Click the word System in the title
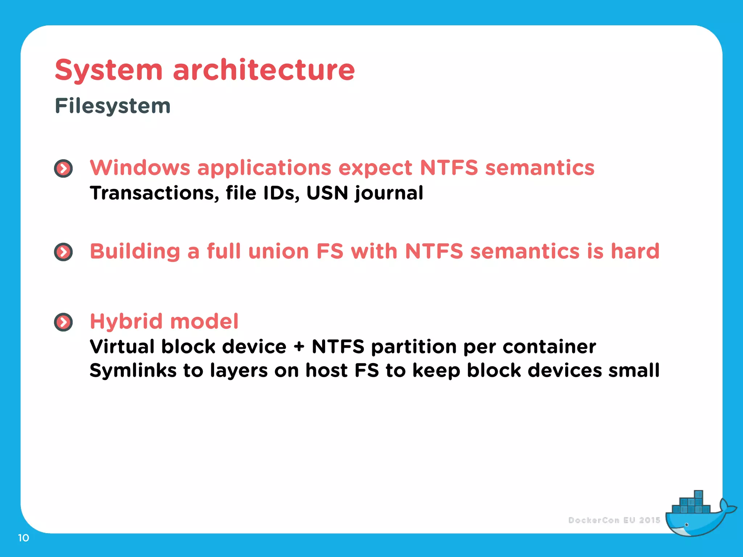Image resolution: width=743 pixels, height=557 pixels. pos(108,70)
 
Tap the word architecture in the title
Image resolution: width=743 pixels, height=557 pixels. pos(264,70)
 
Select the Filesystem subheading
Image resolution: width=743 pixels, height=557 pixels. pos(112,106)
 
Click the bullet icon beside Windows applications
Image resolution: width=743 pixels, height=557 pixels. pos(63,169)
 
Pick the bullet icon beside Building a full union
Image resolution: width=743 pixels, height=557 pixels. pos(63,252)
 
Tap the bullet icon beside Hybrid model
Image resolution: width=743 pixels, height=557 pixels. pos(63,322)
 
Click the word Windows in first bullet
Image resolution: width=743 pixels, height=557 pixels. pos(140,168)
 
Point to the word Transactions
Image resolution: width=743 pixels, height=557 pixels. pos(154,193)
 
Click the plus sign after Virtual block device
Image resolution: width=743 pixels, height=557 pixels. pos(299,347)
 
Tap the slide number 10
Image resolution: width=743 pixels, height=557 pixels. pos(24,538)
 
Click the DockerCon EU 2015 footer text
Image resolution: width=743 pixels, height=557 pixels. pos(614,520)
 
